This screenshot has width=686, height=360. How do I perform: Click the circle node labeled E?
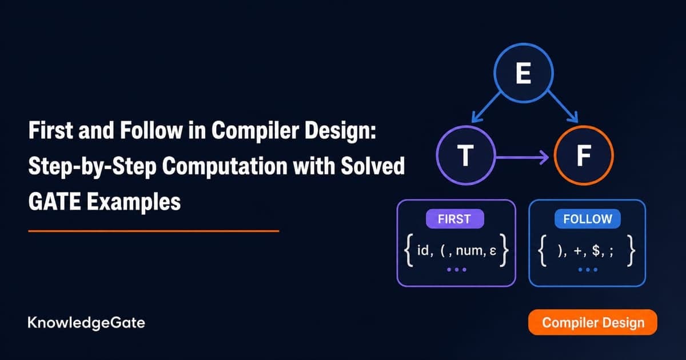point(524,73)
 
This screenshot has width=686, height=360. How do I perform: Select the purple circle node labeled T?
point(466,155)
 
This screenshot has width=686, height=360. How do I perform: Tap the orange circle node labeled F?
point(584,155)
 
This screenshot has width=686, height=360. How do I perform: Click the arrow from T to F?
point(522,157)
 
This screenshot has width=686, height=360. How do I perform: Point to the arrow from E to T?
point(486,107)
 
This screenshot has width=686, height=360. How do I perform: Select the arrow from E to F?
point(563,107)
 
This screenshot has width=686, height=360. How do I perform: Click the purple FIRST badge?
point(455,219)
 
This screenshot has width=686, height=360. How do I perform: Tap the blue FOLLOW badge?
point(588,219)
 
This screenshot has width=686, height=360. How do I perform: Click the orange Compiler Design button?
point(593,322)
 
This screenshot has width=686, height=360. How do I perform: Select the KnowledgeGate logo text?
point(86,323)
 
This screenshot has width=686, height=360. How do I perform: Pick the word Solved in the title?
point(373,166)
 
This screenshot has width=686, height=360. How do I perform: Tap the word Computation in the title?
point(225,167)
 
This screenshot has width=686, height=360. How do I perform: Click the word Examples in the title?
point(134,202)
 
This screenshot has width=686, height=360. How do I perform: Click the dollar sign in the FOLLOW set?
point(596,250)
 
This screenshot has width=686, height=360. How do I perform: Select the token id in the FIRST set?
point(424,250)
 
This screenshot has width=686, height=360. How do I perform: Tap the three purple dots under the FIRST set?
point(457,270)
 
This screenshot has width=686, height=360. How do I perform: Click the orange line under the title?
point(154,231)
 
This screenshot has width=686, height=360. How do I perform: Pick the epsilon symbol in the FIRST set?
point(493,251)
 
